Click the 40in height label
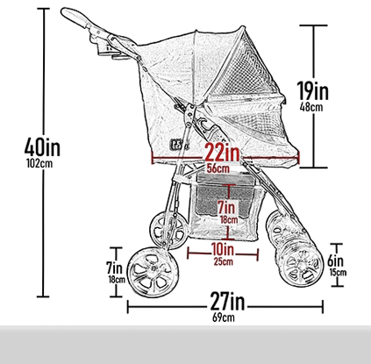[42, 147]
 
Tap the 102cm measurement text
[39, 163]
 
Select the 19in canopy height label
[312, 90]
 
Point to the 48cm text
[311, 107]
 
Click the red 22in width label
[222, 153]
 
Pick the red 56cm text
[218, 168]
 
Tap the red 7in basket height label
[226, 207]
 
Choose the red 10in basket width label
[223, 250]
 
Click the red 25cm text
[223, 261]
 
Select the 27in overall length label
[227, 302]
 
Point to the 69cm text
[224, 318]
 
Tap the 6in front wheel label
[335, 261]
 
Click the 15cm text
[338, 273]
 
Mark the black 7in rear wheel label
[114, 268]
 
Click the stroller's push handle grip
[75, 18]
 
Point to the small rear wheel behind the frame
[168, 230]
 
